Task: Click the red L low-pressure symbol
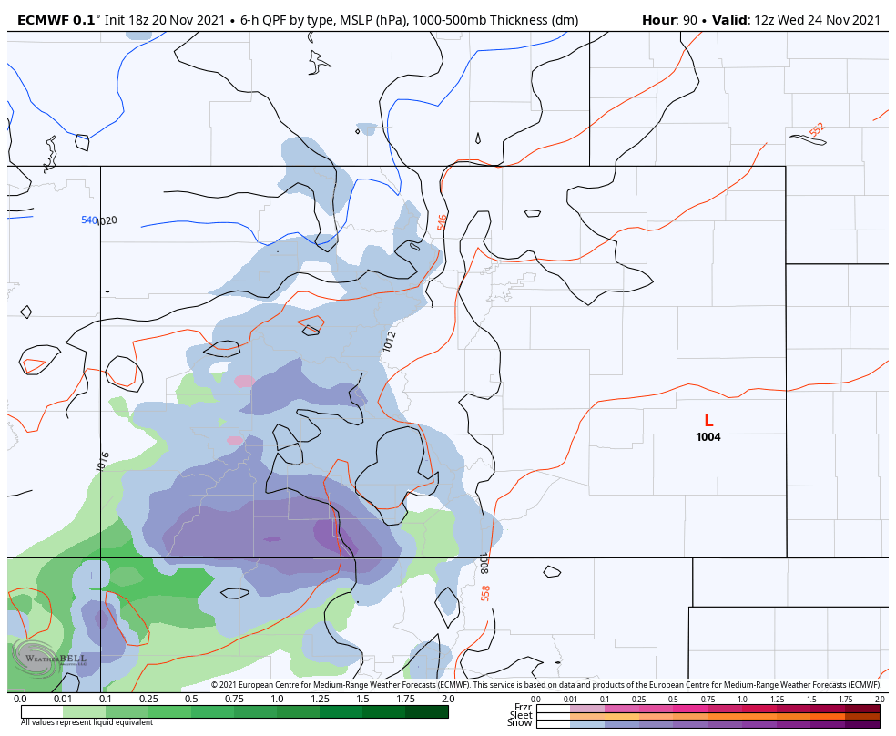click(x=708, y=421)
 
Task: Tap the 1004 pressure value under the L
click(x=708, y=437)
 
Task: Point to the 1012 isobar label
click(x=390, y=342)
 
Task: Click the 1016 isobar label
click(x=104, y=461)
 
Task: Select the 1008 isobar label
click(x=484, y=562)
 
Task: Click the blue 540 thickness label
click(x=88, y=220)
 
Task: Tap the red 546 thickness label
click(x=443, y=222)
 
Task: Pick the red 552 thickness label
click(x=817, y=130)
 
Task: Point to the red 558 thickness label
click(x=485, y=593)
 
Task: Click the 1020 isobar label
click(x=107, y=220)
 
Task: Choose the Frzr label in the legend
click(x=523, y=707)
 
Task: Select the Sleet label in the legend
click(x=521, y=715)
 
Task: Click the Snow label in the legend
click(x=521, y=723)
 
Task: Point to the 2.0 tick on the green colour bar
click(x=447, y=699)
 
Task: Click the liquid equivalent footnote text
click(x=87, y=722)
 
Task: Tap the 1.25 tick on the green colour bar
click(x=319, y=699)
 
